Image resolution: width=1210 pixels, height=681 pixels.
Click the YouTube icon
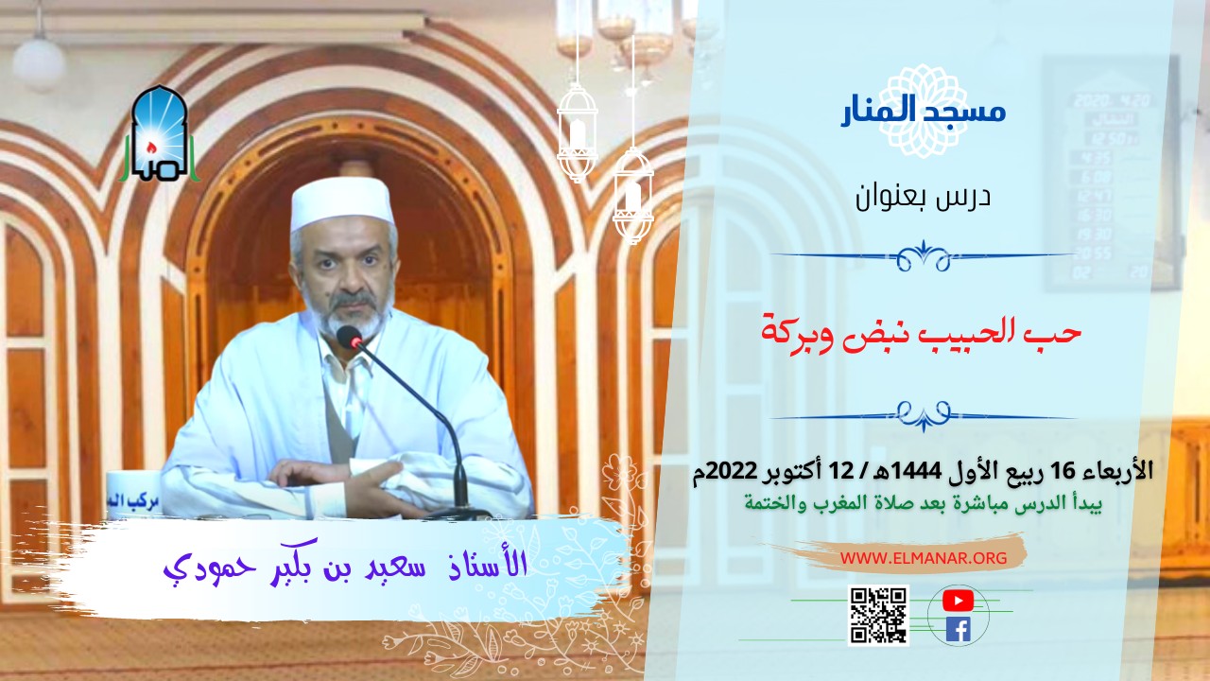[x=958, y=600]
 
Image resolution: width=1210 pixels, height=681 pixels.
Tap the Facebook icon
[x=958, y=629]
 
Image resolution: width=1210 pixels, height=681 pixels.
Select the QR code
[x=878, y=615]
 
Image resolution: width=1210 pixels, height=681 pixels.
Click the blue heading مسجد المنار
[x=923, y=112]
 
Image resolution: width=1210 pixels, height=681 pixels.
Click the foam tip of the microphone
[x=349, y=338]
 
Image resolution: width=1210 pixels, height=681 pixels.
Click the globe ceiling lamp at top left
[x=39, y=61]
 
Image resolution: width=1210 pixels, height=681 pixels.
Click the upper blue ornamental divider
[x=923, y=255]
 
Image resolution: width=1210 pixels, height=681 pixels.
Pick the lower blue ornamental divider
[x=923, y=413]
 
